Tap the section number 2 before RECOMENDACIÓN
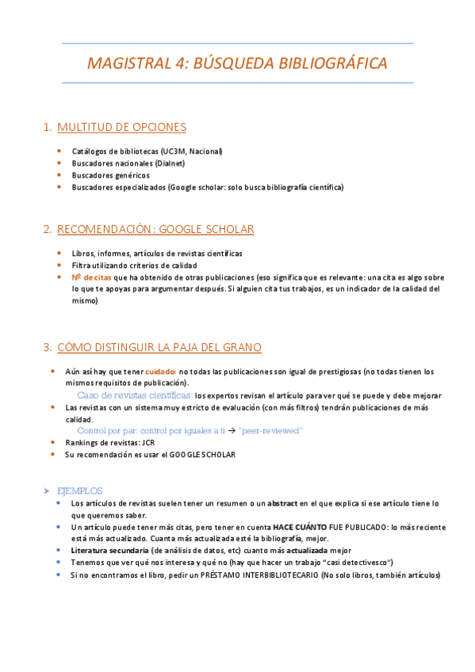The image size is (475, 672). pyautogui.click(x=48, y=230)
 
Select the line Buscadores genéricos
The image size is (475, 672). pyautogui.click(x=110, y=175)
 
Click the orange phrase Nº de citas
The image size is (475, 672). pyautogui.click(x=92, y=277)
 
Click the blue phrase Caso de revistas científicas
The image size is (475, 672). pyautogui.click(x=135, y=395)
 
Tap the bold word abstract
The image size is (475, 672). pyautogui.click(x=283, y=503)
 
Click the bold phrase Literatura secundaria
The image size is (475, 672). pyautogui.click(x=109, y=550)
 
